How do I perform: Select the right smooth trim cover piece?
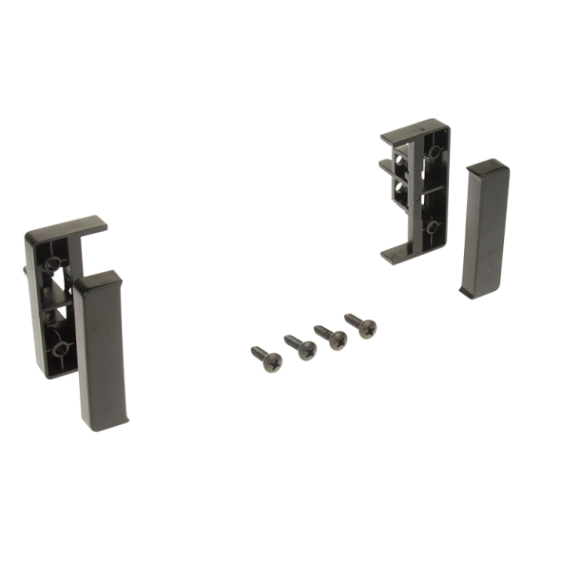point(484,228)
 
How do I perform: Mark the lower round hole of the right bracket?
point(433,227)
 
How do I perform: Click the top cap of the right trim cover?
point(487,169)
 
